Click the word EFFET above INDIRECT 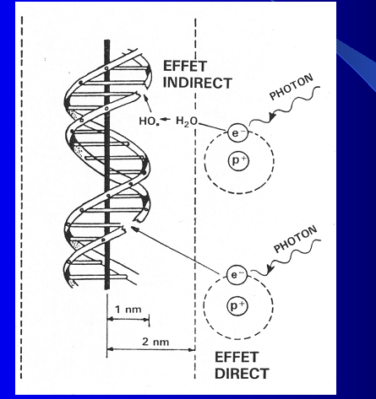click(x=185, y=67)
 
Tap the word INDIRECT click(x=198, y=83)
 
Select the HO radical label click(x=148, y=121)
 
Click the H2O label click(x=187, y=121)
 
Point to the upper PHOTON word click(x=292, y=87)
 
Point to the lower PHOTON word click(x=296, y=239)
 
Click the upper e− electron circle click(x=238, y=132)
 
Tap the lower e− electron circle click(x=237, y=275)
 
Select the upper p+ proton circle click(x=238, y=160)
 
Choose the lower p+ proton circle click(x=237, y=306)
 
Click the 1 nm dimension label click(x=128, y=310)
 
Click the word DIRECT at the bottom click(x=242, y=374)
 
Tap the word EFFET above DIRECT click(x=237, y=358)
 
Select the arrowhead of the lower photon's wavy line click(x=270, y=270)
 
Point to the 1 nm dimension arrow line click(x=128, y=319)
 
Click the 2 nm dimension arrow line click(x=151, y=349)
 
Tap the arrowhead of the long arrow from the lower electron click(x=134, y=229)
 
